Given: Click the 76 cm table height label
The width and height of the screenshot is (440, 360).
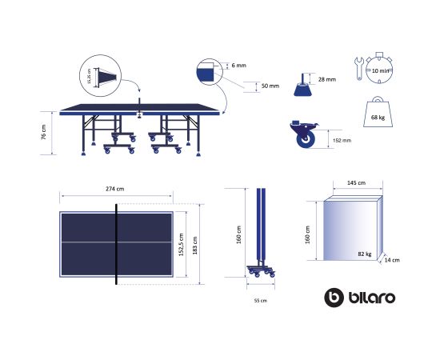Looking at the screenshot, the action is (x=43, y=133).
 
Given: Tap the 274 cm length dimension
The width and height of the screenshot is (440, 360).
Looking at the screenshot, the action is (x=114, y=189).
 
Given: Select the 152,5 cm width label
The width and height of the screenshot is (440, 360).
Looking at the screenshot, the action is (x=182, y=244).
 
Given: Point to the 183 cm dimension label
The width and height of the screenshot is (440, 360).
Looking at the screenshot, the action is (x=195, y=246).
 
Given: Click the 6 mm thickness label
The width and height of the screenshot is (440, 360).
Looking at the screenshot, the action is (x=239, y=66).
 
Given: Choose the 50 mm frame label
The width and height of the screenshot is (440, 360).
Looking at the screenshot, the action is (x=270, y=86).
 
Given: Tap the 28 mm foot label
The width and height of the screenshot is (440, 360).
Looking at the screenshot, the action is (x=327, y=79).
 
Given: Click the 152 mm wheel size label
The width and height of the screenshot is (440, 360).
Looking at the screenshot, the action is (x=342, y=140).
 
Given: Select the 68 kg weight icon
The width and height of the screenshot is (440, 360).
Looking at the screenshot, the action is (x=378, y=112).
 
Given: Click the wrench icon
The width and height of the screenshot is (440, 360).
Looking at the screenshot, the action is (x=359, y=69).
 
